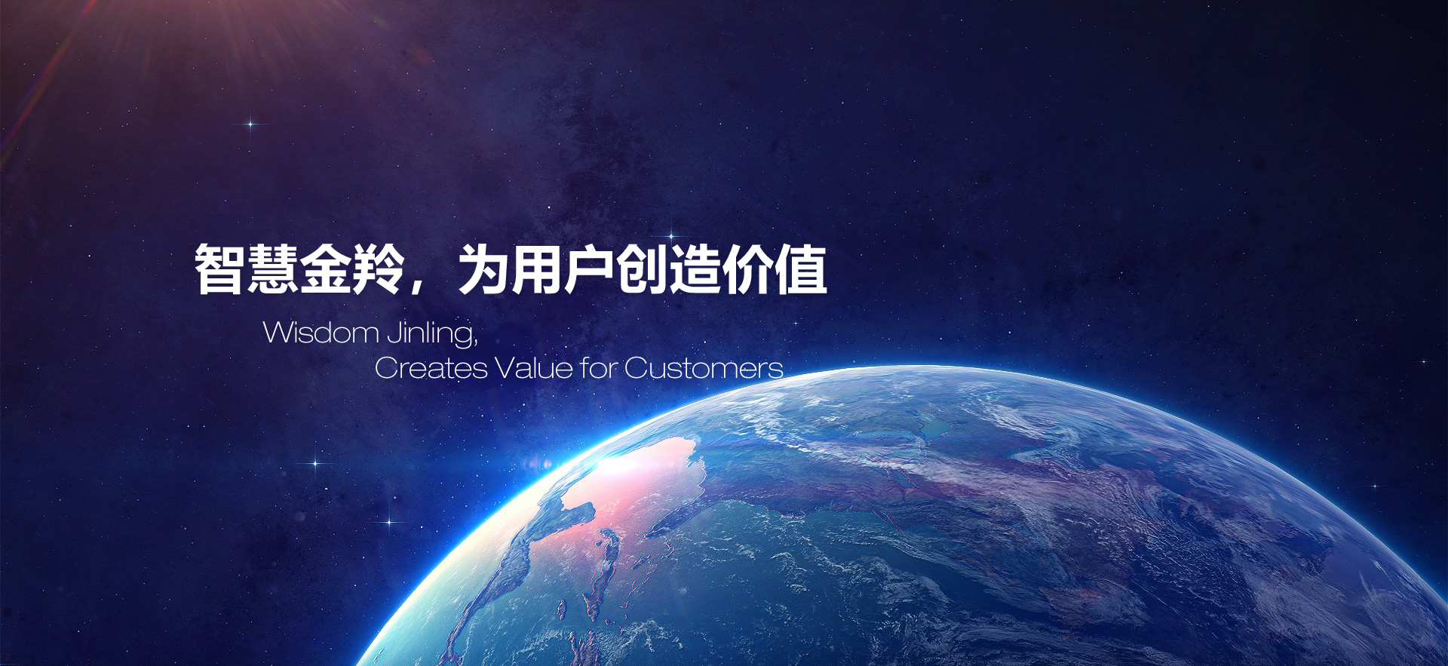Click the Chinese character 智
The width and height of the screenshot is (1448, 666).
click(220, 269)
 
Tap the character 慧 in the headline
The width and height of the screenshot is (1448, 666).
click(273, 269)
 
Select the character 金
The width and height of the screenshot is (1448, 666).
click(326, 269)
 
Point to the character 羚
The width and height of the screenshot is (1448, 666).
click(379, 269)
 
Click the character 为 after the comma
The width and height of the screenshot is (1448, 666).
click(484, 269)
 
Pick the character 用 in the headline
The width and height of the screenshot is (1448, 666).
click(536, 269)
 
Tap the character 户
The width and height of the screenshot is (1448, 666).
click(589, 269)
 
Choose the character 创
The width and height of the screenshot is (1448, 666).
click(643, 269)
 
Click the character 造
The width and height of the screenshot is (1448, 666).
click(695, 269)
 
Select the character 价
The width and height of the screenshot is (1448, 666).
click(748, 269)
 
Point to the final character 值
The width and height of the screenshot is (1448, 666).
click(801, 269)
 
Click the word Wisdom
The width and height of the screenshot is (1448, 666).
click(321, 333)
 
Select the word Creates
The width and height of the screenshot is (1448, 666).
click(431, 368)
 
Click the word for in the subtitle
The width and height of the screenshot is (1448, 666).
click(599, 368)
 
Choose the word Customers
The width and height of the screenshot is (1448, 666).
click(704, 368)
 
